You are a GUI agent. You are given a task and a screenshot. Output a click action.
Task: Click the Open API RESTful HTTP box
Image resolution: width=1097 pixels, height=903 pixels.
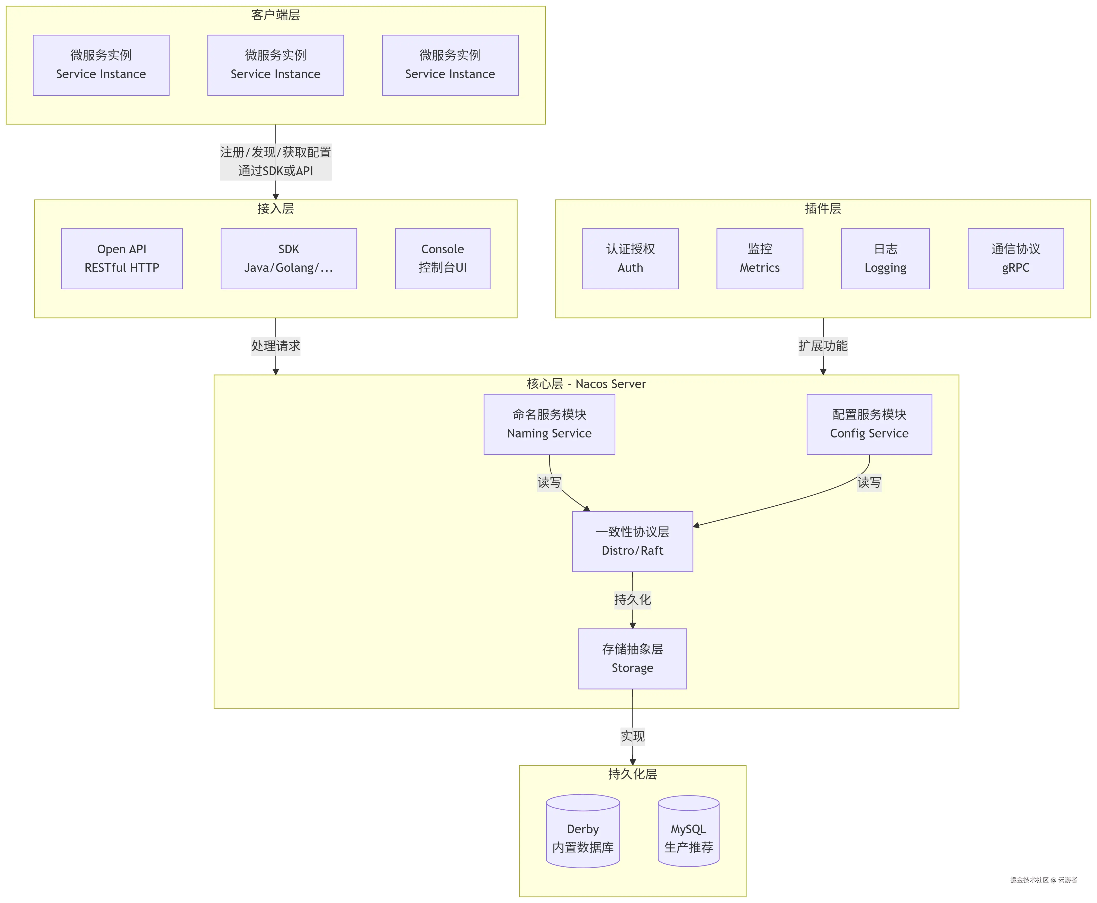point(122,258)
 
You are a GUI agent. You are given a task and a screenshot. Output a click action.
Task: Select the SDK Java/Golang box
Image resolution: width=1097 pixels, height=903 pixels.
point(289,258)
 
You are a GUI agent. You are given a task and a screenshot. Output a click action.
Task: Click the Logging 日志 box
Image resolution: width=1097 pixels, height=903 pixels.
point(885,258)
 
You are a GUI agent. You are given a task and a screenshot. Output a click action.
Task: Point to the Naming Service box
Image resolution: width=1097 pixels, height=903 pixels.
point(549,424)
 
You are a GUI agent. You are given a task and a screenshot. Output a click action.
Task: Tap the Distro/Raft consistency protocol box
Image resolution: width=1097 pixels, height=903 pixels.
point(633,541)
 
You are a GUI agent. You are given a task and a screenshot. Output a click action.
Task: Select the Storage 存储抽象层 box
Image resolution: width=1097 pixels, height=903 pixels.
point(633,658)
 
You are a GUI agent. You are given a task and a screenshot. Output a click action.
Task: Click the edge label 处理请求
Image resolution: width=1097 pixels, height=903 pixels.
point(276,346)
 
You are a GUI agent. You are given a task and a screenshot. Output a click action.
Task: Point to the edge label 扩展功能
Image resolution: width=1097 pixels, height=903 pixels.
point(823,346)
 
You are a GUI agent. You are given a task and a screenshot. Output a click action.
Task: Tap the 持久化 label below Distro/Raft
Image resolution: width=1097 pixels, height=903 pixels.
point(633,600)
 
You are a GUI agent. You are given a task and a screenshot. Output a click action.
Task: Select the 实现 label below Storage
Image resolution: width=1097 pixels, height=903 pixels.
point(633,736)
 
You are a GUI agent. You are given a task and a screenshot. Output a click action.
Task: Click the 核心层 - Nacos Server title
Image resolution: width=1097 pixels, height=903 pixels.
point(586,384)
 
